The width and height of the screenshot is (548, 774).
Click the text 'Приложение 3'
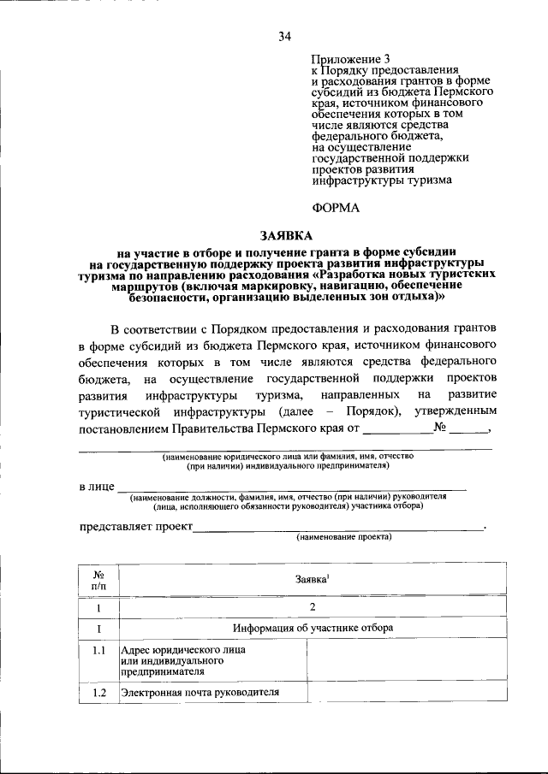pos(344,57)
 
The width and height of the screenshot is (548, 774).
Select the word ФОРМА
pos(336,206)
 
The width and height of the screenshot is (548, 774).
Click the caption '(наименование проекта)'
pos(342,538)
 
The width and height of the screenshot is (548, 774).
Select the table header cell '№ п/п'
pos(98,580)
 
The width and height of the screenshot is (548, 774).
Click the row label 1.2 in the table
pos(98,693)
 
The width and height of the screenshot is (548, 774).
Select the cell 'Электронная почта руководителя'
pos(200,693)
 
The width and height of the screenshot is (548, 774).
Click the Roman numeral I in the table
pos(98,628)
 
